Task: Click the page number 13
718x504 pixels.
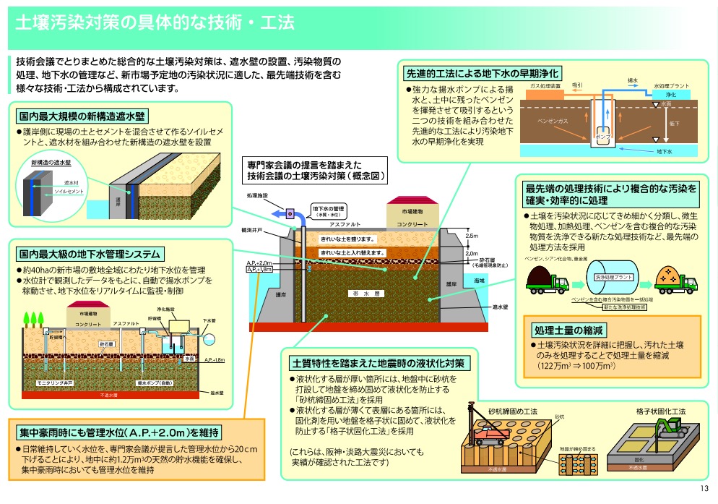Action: [x=705, y=489]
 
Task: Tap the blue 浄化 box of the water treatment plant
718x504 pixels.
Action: [x=671, y=95]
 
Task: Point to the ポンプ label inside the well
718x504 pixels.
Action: [x=601, y=136]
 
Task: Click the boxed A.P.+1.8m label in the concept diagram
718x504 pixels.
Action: [x=260, y=269]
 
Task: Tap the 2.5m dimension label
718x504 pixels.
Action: [x=472, y=236]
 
